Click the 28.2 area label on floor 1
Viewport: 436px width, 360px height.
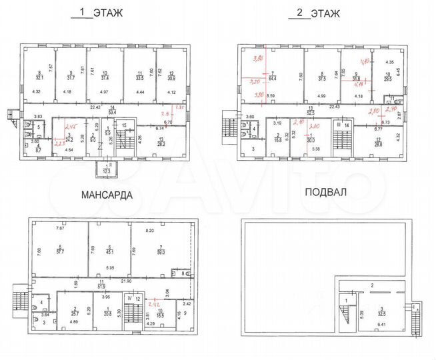point(161,143)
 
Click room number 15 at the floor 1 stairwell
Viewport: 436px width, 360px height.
point(124,125)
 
